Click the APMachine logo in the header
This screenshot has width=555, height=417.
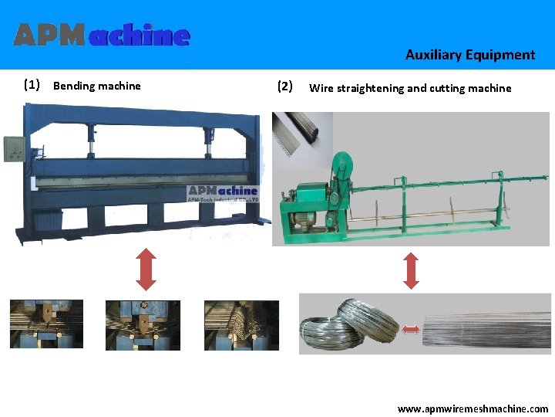101,35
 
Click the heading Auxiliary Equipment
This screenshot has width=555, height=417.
469,55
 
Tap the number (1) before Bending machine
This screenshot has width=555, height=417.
32,85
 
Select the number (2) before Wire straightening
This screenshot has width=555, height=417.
284,86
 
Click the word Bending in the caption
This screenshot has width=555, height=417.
72,86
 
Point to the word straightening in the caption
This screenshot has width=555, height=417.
371,88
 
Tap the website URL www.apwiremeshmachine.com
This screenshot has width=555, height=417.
473,409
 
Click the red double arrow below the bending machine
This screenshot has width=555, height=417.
146,266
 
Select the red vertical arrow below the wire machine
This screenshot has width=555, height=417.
411,270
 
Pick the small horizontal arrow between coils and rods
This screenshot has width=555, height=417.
410,330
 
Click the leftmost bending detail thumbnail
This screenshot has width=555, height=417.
46,324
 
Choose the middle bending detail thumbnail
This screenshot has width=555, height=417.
143,324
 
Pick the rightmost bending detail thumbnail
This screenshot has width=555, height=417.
240,324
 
